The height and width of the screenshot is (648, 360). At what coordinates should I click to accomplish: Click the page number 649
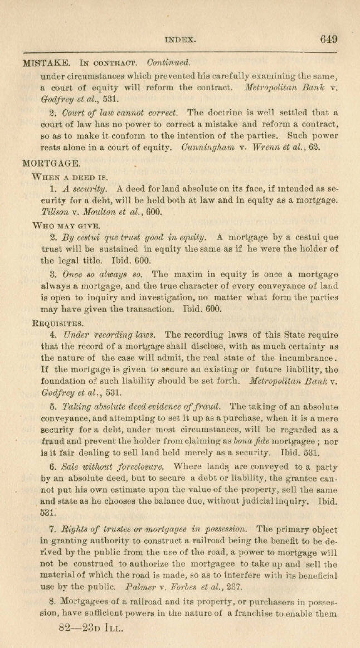pyautogui.click(x=328, y=40)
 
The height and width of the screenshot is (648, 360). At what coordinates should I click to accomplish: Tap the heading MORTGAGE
pyautogui.click(x=51, y=164)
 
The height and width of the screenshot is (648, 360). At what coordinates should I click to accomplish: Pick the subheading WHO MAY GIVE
pyautogui.click(x=66, y=226)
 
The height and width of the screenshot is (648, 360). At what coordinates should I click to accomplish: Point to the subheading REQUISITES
pyautogui.click(x=59, y=323)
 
